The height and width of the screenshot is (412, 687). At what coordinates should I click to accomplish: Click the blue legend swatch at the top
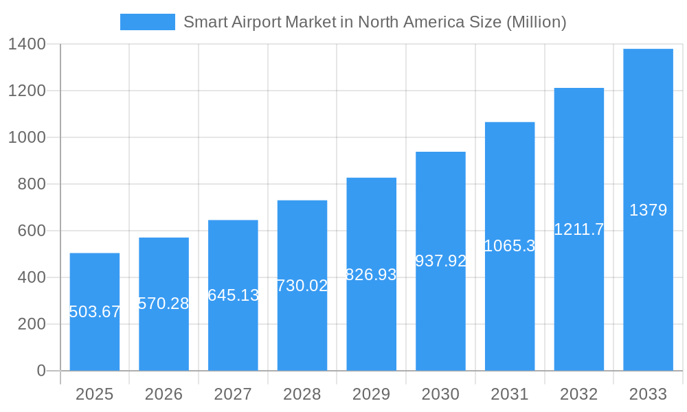pos(147,22)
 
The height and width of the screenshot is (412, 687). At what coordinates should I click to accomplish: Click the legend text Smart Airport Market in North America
pos(374,22)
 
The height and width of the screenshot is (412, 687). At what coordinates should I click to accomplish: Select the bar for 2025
pos(95,343)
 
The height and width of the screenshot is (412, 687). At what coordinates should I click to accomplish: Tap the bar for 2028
pos(302,330)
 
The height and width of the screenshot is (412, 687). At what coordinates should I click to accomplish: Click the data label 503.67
pos(95,312)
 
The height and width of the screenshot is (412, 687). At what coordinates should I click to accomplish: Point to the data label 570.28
pos(164,304)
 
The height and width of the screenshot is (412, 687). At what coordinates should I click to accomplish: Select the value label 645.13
pos(233,295)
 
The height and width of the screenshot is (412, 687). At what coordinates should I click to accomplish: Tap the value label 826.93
pos(371,275)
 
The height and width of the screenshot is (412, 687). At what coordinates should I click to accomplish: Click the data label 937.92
pos(440,261)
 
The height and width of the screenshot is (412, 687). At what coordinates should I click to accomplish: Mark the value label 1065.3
pos(510,246)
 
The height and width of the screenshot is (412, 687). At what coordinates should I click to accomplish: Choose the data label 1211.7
pos(578,229)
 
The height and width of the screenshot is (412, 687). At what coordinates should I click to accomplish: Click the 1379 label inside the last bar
pos(648,210)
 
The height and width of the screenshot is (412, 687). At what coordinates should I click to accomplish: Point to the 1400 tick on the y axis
pos(27,44)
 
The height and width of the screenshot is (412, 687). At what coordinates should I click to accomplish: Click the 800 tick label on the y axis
pos(31,184)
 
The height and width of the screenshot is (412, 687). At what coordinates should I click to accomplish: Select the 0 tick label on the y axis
pos(41,371)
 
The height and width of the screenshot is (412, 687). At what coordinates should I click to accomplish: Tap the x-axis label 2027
pos(233,394)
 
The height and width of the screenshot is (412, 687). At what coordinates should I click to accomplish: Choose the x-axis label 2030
pos(440,394)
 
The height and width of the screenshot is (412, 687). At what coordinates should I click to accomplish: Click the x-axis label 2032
pos(578,394)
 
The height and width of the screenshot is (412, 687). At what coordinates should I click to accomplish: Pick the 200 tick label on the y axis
pos(31,324)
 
